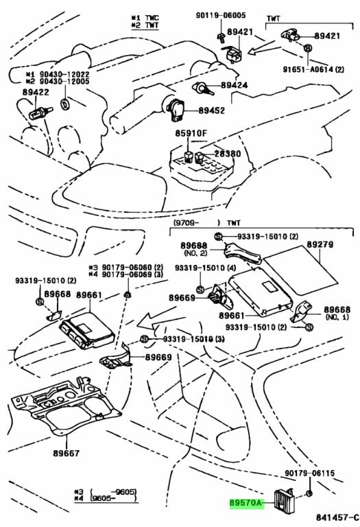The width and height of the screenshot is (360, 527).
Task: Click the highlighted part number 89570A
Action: (x=246, y=503)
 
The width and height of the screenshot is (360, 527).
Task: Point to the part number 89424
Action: (x=234, y=85)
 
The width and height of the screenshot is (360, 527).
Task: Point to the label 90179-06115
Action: (x=313, y=473)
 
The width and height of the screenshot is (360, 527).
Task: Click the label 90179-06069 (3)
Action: (x=126, y=275)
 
